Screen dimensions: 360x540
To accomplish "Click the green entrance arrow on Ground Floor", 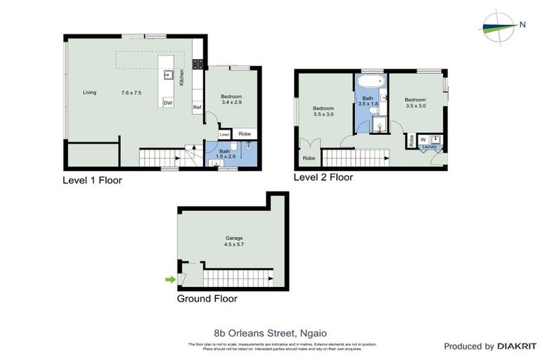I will (x=169, y=280).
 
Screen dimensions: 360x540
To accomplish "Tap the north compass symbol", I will (x=500, y=25).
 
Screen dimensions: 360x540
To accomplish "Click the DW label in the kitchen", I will (x=167, y=103).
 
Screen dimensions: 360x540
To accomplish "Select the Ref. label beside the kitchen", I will (x=198, y=107).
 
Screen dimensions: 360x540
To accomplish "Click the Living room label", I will (x=89, y=93).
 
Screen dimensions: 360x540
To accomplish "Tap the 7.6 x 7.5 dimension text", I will (x=131, y=93).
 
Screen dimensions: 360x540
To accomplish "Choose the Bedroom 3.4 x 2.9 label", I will (x=231, y=99).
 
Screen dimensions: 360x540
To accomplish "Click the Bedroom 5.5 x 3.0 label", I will (x=323, y=110).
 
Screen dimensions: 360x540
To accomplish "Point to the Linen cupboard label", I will (x=224, y=134).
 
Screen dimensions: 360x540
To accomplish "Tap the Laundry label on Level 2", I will (x=429, y=147).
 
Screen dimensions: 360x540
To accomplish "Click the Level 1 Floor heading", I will (x=92, y=180).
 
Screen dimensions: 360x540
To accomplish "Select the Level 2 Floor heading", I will (x=323, y=177).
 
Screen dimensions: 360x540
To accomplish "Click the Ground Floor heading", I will (x=207, y=298).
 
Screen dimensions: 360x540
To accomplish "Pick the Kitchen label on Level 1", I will (x=181, y=77).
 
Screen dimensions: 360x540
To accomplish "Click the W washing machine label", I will (x=423, y=139).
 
